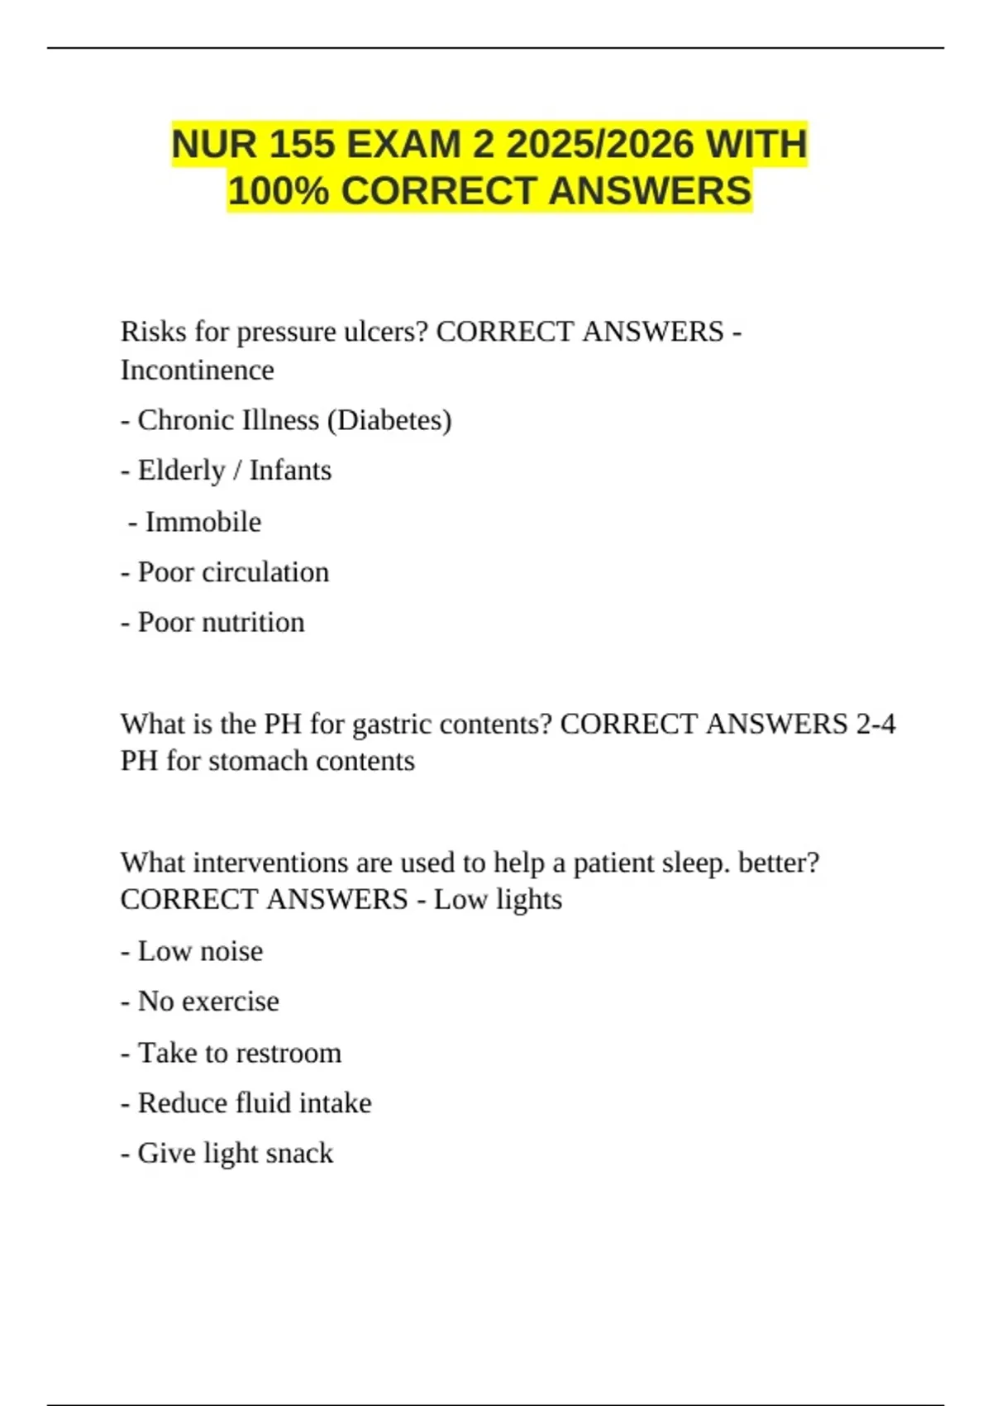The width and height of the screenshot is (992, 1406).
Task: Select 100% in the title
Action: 279,191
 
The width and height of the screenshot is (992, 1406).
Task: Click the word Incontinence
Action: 197,370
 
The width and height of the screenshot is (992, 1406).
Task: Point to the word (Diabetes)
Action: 389,420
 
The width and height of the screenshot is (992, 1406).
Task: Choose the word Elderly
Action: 181,471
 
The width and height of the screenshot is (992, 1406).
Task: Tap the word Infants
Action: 290,471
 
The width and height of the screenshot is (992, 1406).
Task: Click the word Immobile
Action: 203,522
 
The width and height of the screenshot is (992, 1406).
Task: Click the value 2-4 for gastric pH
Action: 875,724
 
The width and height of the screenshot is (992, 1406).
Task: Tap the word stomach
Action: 246,761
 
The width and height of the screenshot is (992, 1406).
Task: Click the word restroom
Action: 295,1053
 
